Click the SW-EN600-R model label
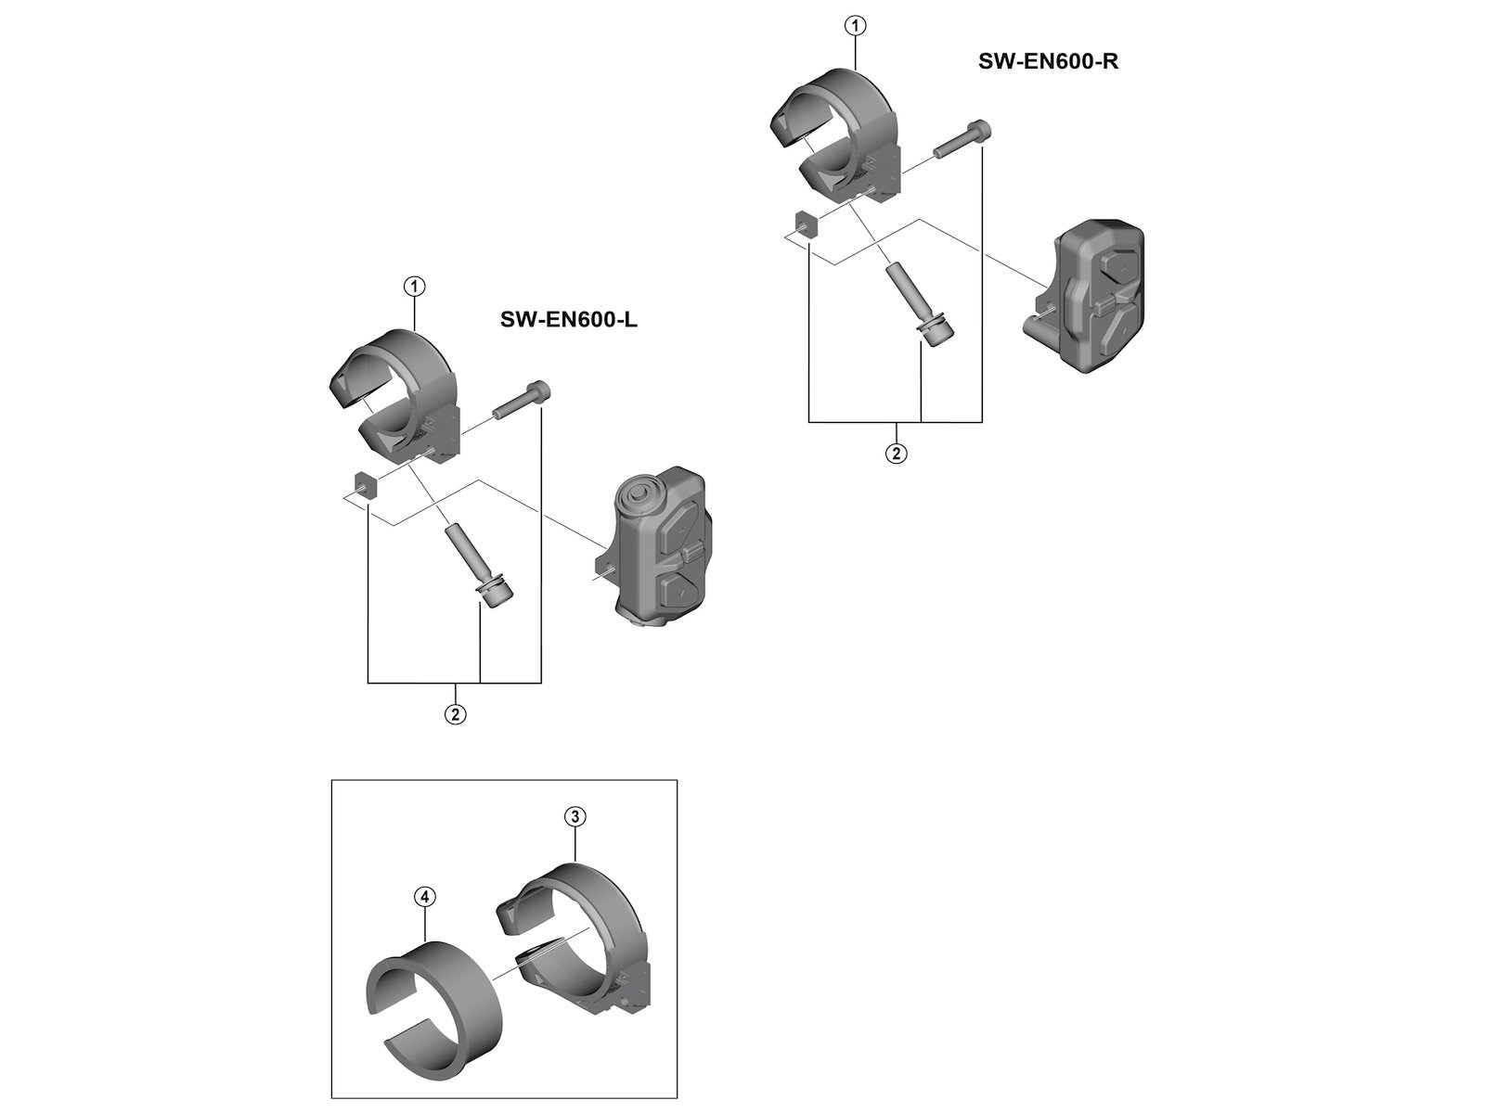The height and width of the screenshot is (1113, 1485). tap(1048, 62)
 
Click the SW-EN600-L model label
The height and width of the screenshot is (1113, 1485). tap(568, 320)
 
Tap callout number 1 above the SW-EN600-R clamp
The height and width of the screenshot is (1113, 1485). tap(855, 26)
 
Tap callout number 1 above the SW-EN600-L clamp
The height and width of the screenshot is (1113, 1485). tap(413, 287)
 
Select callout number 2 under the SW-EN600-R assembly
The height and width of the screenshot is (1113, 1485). tap(896, 454)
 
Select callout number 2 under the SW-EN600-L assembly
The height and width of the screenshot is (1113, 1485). tap(455, 714)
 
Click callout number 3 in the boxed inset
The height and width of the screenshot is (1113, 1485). tap(575, 816)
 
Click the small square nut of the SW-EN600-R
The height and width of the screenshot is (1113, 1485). tap(806, 224)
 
